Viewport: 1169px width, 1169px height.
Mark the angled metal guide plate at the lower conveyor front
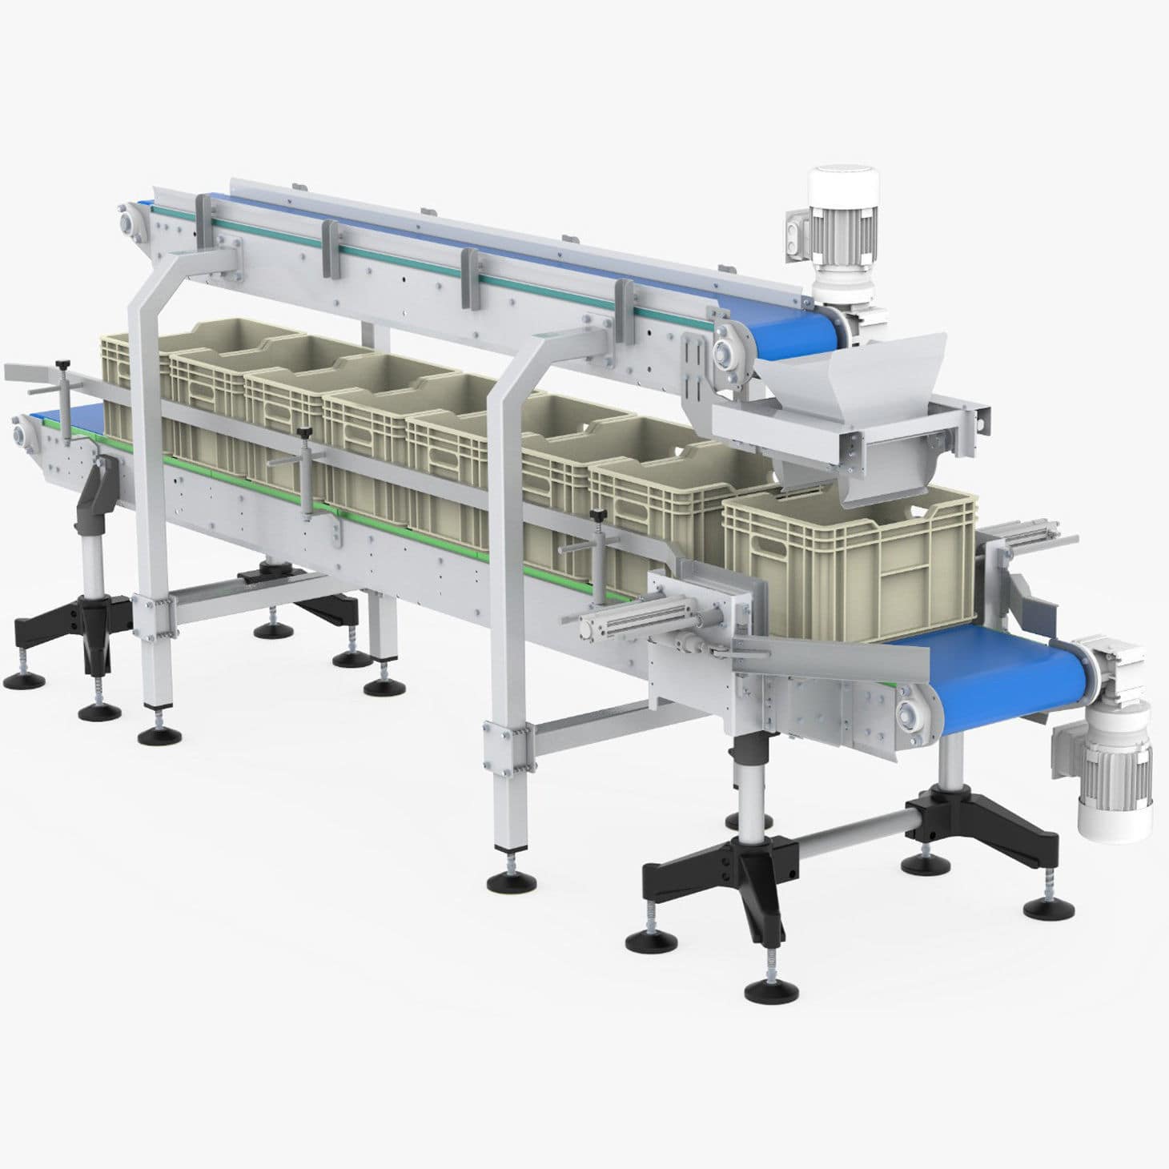click(841, 653)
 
